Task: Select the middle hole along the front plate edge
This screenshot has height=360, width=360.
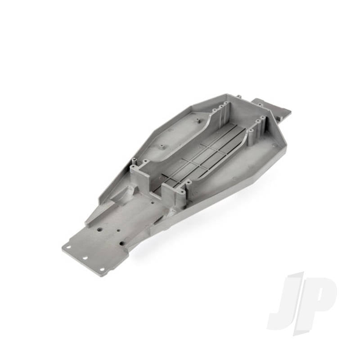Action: pyautogui.click(x=85, y=258)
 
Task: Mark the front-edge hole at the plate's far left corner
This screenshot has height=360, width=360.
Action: pyautogui.click(x=68, y=247)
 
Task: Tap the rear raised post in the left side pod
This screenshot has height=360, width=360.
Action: pyautogui.click(x=197, y=120)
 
